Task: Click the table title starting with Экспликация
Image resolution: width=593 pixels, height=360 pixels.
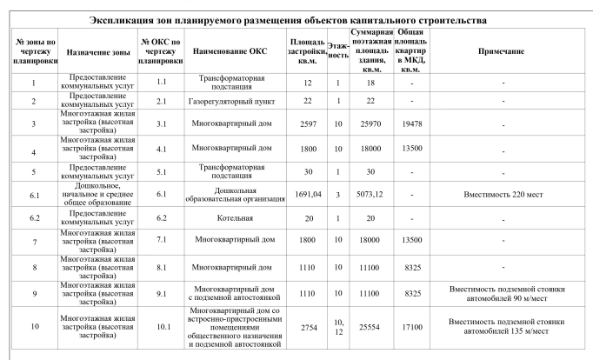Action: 296,19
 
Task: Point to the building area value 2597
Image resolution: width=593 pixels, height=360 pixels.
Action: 308,124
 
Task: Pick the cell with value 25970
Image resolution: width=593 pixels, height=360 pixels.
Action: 370,124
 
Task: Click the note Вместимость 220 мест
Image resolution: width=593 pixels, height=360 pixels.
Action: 502,195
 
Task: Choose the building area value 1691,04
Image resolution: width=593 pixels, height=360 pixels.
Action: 308,195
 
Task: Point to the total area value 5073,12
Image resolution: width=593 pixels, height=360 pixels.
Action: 370,195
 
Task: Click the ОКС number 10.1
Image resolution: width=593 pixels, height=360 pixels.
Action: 161,327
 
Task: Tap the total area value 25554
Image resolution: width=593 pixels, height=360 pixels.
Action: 370,327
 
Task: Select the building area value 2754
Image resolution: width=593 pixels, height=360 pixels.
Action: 308,327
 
